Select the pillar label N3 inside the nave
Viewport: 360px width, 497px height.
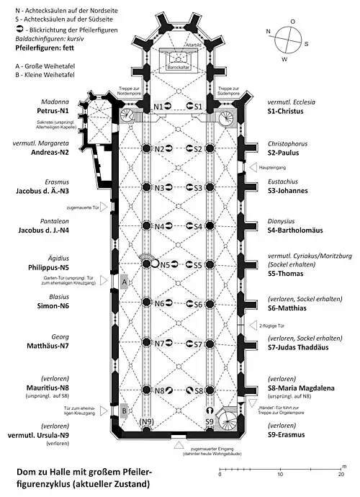[x=159, y=187]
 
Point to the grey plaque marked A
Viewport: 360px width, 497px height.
[x=125, y=282]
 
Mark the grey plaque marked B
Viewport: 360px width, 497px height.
[x=125, y=411]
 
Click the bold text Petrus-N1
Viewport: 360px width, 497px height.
[x=54, y=113]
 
